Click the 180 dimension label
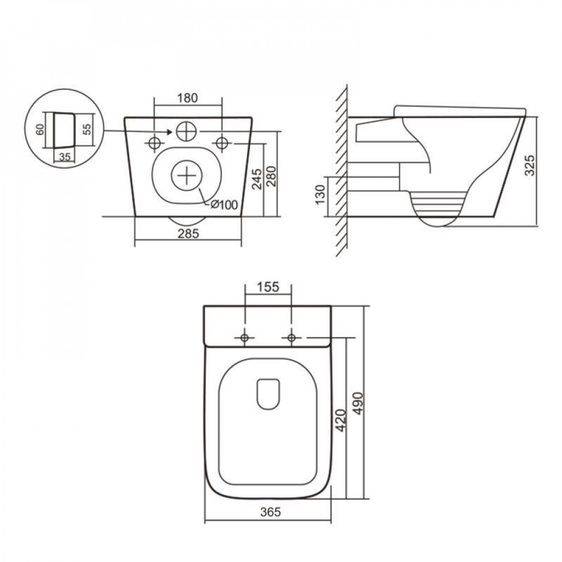[x=188, y=98]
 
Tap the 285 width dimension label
[x=188, y=234]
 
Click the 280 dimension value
[x=271, y=176]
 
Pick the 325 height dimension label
[x=530, y=165]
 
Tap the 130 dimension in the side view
[x=320, y=194]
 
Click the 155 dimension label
[x=268, y=287]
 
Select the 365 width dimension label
[x=270, y=512]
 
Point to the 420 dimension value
[x=341, y=420]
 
